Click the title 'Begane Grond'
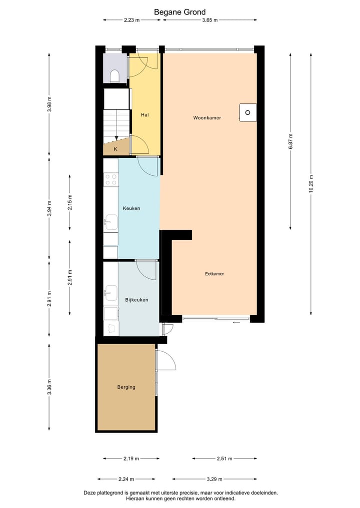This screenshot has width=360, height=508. click(179, 12)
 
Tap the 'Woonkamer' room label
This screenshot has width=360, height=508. click(207, 118)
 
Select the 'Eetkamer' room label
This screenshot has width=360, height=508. click(214, 274)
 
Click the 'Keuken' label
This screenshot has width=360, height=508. click(131, 208)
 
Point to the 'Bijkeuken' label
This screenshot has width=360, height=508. click(136, 300)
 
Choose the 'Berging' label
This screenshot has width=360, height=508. click(126, 387)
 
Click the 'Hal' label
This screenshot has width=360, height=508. click(145, 115)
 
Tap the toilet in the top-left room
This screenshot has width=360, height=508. click(114, 76)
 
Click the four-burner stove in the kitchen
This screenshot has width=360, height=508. click(111, 179)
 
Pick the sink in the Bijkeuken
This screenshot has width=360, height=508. click(110, 292)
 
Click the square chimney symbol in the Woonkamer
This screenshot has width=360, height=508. click(247, 112)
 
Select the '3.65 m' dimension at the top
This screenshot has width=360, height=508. click(210, 20)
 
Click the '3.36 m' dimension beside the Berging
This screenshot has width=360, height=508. click(49, 387)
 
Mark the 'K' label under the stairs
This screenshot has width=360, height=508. click(115, 149)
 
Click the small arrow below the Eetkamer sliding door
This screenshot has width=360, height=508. click(236, 323)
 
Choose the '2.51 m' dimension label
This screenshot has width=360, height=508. click(224, 458)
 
